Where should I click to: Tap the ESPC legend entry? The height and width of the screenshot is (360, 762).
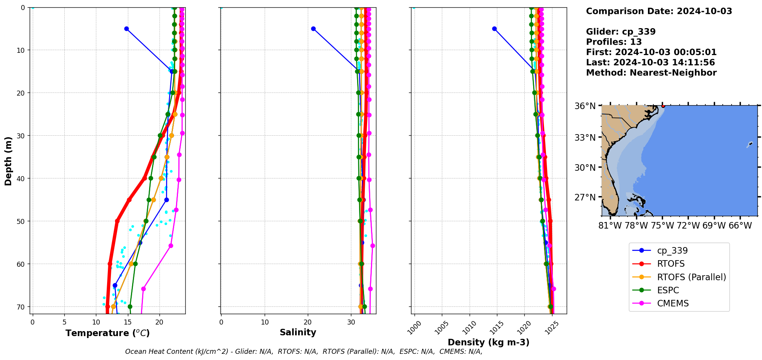tap(668, 290)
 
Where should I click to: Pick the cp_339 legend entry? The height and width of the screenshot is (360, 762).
tap(672, 251)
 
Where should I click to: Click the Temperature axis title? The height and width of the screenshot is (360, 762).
tap(107, 333)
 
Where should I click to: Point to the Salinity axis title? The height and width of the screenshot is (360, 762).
tap(298, 332)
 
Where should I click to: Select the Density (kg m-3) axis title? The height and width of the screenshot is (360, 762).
tap(488, 342)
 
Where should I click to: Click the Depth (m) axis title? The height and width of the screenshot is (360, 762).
tap(8, 161)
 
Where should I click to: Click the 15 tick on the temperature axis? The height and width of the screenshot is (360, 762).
tap(128, 322)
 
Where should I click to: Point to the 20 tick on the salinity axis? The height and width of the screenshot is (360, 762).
tap(307, 322)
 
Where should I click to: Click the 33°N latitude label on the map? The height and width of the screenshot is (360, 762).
tap(585, 137)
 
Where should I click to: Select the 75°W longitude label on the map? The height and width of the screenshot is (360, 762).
tap(662, 225)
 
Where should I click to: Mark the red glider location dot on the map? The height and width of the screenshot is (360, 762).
tap(663, 106)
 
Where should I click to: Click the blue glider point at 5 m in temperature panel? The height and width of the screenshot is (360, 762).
tap(126, 29)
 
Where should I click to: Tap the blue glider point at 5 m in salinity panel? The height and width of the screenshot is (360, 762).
tap(313, 29)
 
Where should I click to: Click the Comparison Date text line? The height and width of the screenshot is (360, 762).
tap(659, 11)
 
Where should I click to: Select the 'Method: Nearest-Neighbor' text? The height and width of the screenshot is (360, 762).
tap(651, 73)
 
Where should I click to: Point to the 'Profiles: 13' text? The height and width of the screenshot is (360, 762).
tap(614, 42)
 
